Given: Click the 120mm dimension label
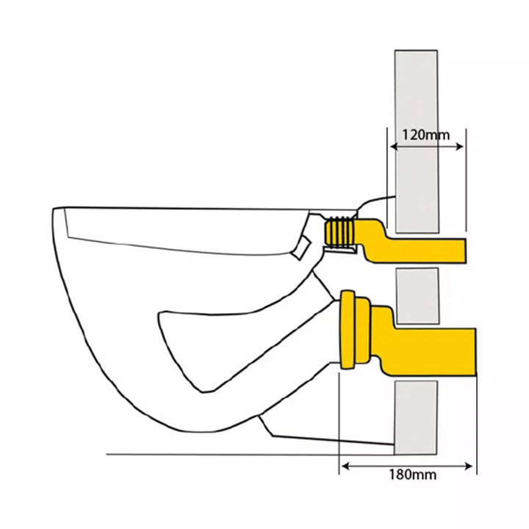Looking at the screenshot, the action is [x=426, y=135].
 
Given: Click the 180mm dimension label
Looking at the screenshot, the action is [x=413, y=475].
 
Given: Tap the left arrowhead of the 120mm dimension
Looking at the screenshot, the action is [x=393, y=147].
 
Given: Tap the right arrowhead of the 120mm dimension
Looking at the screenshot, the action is [x=459, y=147].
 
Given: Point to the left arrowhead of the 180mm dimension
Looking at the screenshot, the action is [x=345, y=467].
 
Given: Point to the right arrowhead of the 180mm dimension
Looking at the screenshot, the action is [x=469, y=467].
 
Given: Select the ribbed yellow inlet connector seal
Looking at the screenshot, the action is [x=339, y=232].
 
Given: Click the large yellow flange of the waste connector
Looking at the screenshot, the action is [x=348, y=329].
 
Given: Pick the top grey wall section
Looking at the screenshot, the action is [x=417, y=141].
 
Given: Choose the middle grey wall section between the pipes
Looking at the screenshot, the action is [x=417, y=296].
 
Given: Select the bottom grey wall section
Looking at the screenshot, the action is [x=416, y=417].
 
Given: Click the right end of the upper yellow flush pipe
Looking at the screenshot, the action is [x=466, y=251].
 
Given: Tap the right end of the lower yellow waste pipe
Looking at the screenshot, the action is [x=475, y=351].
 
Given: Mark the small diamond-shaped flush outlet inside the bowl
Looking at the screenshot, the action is [x=301, y=248].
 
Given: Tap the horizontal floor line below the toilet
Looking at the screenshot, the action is [x=250, y=455].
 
